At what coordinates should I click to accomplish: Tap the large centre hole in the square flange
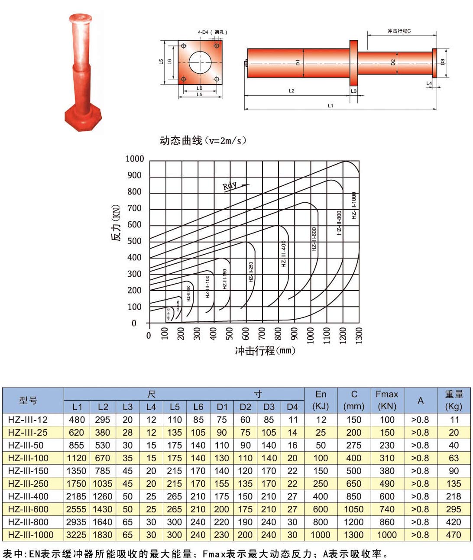coord(200,62)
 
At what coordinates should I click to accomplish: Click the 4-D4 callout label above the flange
coord(212,32)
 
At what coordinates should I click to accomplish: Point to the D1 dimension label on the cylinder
coord(298,63)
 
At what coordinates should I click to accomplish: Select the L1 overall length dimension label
coord(330,105)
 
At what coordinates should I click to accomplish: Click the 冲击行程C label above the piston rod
coord(399,31)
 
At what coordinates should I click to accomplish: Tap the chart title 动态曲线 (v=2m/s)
coord(203,141)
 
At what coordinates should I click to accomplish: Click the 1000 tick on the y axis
coord(135,159)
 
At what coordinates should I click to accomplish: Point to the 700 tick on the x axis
coord(262,334)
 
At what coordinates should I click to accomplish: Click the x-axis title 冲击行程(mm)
coord(265,350)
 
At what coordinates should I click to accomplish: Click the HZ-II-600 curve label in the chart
coord(314,239)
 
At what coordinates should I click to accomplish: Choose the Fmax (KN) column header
coord(387,400)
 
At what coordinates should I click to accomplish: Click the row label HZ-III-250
coord(28,484)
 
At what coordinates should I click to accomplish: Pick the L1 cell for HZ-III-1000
coord(76,535)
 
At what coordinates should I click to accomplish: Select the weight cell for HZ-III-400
coord(454,496)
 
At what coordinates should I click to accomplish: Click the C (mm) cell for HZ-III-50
coord(353,445)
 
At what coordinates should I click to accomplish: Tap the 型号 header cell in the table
coord(29,400)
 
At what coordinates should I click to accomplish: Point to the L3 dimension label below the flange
coord(353,91)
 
